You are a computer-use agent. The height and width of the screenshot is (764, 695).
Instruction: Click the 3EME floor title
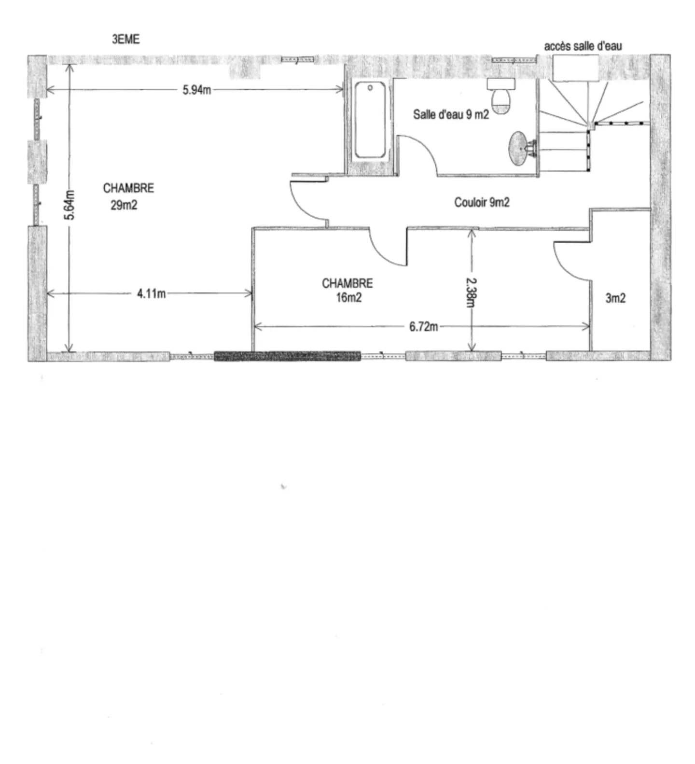click(125, 40)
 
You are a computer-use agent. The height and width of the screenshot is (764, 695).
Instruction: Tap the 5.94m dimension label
click(196, 90)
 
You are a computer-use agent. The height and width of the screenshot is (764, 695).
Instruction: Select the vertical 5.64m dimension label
click(70, 205)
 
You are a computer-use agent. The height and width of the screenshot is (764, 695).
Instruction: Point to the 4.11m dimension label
click(151, 293)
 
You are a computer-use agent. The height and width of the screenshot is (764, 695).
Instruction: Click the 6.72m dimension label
click(423, 327)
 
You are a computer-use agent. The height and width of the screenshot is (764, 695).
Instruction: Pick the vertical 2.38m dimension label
click(472, 291)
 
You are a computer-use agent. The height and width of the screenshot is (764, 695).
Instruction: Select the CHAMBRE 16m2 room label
click(347, 290)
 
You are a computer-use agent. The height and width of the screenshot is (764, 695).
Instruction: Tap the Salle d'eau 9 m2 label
click(451, 114)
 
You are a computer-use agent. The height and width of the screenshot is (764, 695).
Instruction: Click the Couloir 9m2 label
click(482, 202)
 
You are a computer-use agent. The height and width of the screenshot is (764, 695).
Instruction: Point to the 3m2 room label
click(615, 298)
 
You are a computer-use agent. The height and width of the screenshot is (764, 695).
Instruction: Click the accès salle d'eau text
click(583, 46)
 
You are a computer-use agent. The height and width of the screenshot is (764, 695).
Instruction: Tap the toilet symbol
click(501, 97)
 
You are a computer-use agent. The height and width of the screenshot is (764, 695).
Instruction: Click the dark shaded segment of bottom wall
click(287, 356)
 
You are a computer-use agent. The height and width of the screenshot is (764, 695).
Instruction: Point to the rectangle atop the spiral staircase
click(575, 68)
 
